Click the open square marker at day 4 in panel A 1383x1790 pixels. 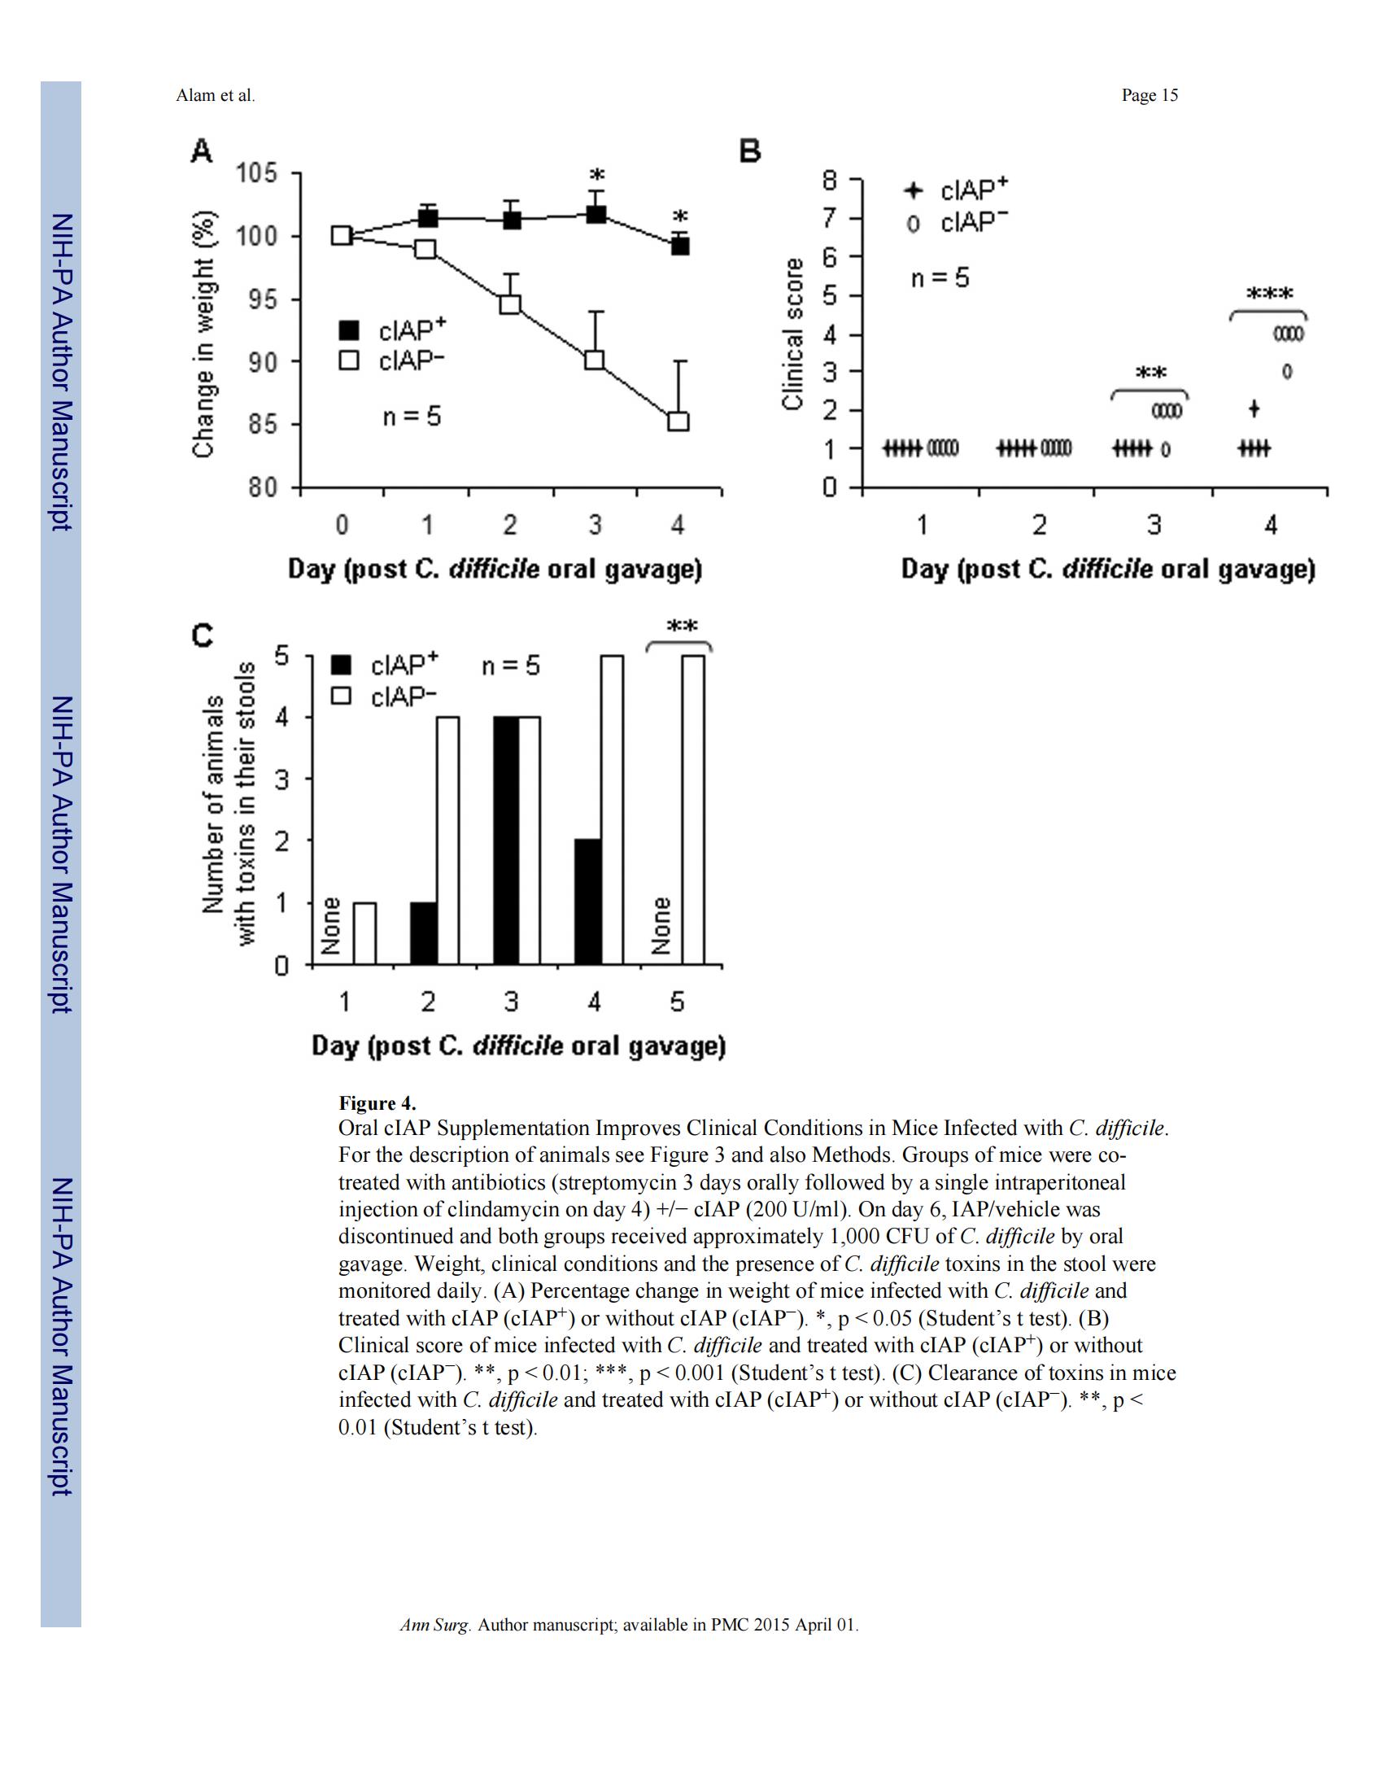(678, 421)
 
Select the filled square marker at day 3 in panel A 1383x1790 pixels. (596, 215)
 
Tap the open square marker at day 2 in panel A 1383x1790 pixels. (509, 304)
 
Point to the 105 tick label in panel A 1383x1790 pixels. (257, 174)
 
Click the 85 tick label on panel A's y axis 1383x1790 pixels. (264, 425)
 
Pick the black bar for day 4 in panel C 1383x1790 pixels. (588, 902)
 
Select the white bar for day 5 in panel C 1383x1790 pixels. (693, 810)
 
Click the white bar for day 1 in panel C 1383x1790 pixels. (364, 933)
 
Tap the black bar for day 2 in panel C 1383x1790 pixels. (424, 933)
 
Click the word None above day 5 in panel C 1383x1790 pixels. (661, 925)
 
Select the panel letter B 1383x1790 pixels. (751, 151)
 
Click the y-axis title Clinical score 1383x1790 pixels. (792, 334)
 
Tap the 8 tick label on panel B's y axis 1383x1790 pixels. (831, 180)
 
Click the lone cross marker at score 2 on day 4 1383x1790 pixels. (1254, 408)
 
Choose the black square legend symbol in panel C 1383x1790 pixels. (342, 665)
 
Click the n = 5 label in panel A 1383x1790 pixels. (412, 417)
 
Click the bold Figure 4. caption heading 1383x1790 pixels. (377, 1102)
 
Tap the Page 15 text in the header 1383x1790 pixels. (1150, 96)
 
